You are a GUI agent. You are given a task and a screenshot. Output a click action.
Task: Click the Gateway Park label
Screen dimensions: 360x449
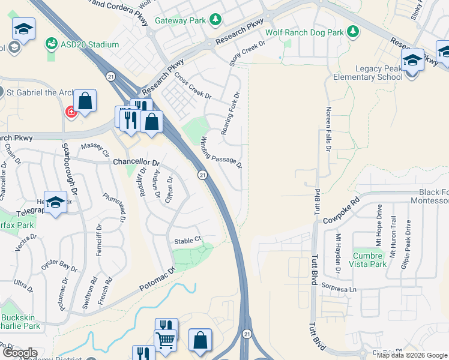tap(181, 20)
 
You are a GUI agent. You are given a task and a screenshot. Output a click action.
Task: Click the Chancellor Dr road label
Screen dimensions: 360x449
tap(136, 163)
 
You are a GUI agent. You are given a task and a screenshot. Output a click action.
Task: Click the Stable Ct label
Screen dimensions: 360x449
tap(186, 241)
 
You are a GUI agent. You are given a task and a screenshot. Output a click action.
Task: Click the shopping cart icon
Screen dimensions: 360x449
tap(165, 339)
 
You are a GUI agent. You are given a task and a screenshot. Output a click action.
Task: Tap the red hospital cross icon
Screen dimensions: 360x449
tap(71, 112)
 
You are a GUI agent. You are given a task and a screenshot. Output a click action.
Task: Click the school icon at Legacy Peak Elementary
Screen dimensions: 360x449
tap(412, 61)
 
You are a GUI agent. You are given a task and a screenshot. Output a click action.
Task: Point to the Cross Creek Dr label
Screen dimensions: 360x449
tap(193, 86)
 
